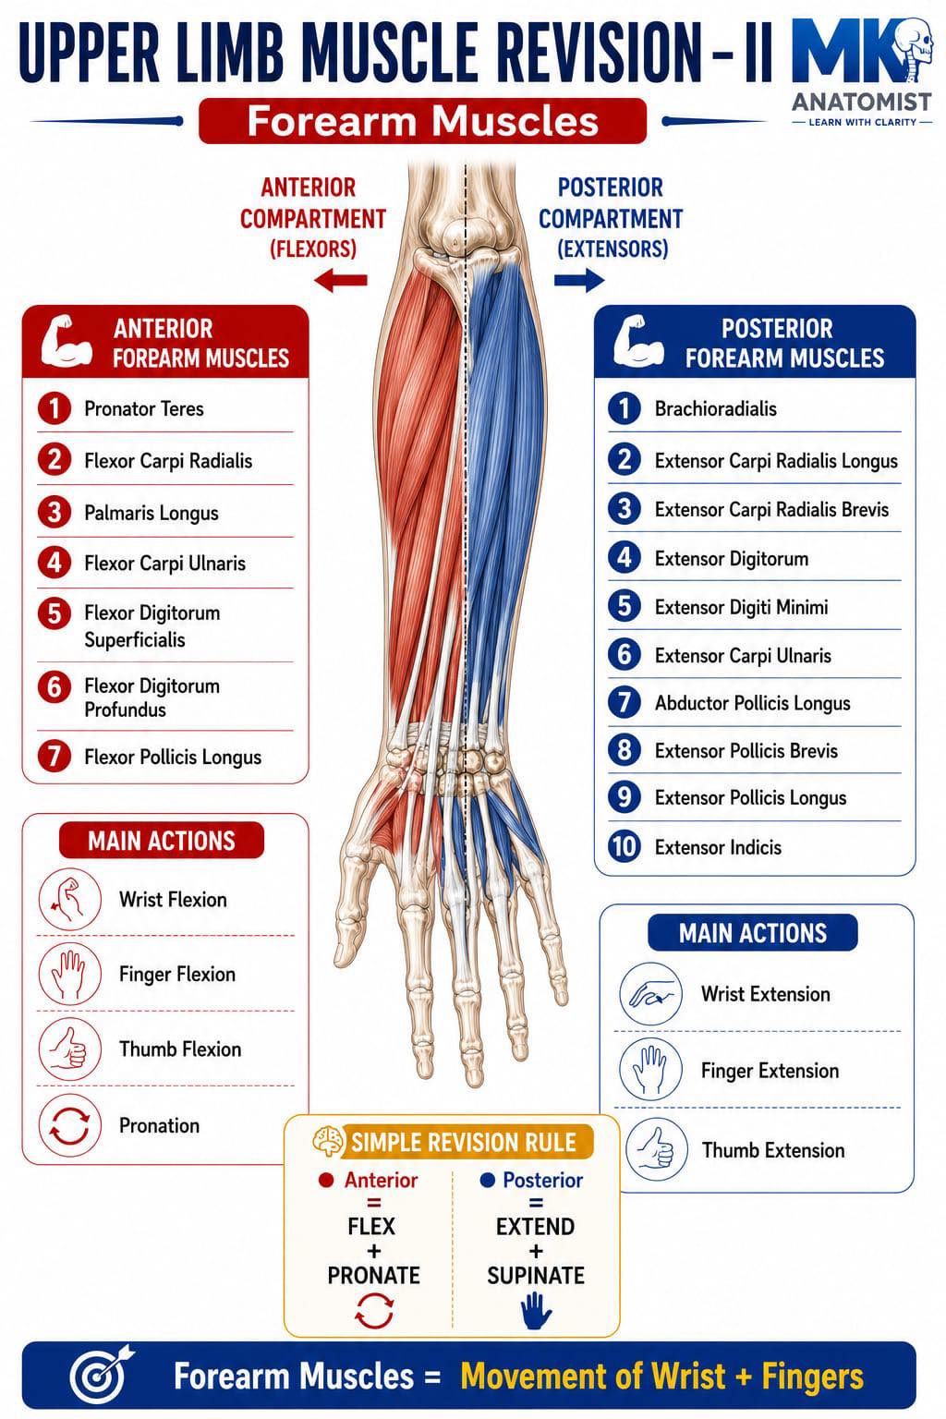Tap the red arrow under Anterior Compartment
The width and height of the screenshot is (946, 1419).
coord(340,280)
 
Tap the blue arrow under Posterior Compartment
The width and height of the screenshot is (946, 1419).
coord(579,279)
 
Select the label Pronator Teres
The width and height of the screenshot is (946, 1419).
coord(144,408)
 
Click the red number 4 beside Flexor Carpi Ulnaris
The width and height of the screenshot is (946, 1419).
coord(55,563)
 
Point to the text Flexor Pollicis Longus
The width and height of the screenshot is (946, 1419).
coord(173,757)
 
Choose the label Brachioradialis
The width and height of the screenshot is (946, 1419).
coord(715,408)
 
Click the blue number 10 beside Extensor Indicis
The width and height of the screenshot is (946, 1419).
coord(625,846)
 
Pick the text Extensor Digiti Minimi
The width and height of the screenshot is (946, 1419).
coord(741,607)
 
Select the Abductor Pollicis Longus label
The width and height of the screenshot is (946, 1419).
coord(752,703)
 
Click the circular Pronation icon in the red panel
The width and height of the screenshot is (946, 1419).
coord(69,1125)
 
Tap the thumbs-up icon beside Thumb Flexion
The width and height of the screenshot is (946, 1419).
coord(69,1049)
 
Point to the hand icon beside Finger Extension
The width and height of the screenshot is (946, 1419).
coord(650,1071)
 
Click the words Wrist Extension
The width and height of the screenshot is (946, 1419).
coord(766,994)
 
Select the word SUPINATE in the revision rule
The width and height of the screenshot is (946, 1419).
coord(536,1275)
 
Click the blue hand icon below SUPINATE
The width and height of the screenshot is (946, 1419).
coord(536,1311)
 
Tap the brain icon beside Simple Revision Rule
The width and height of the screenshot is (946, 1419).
coord(328,1141)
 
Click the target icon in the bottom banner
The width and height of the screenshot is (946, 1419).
coord(103,1377)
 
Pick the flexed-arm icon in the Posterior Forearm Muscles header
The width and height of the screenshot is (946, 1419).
coord(638,341)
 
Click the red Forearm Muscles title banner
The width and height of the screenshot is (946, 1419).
coord(422,121)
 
